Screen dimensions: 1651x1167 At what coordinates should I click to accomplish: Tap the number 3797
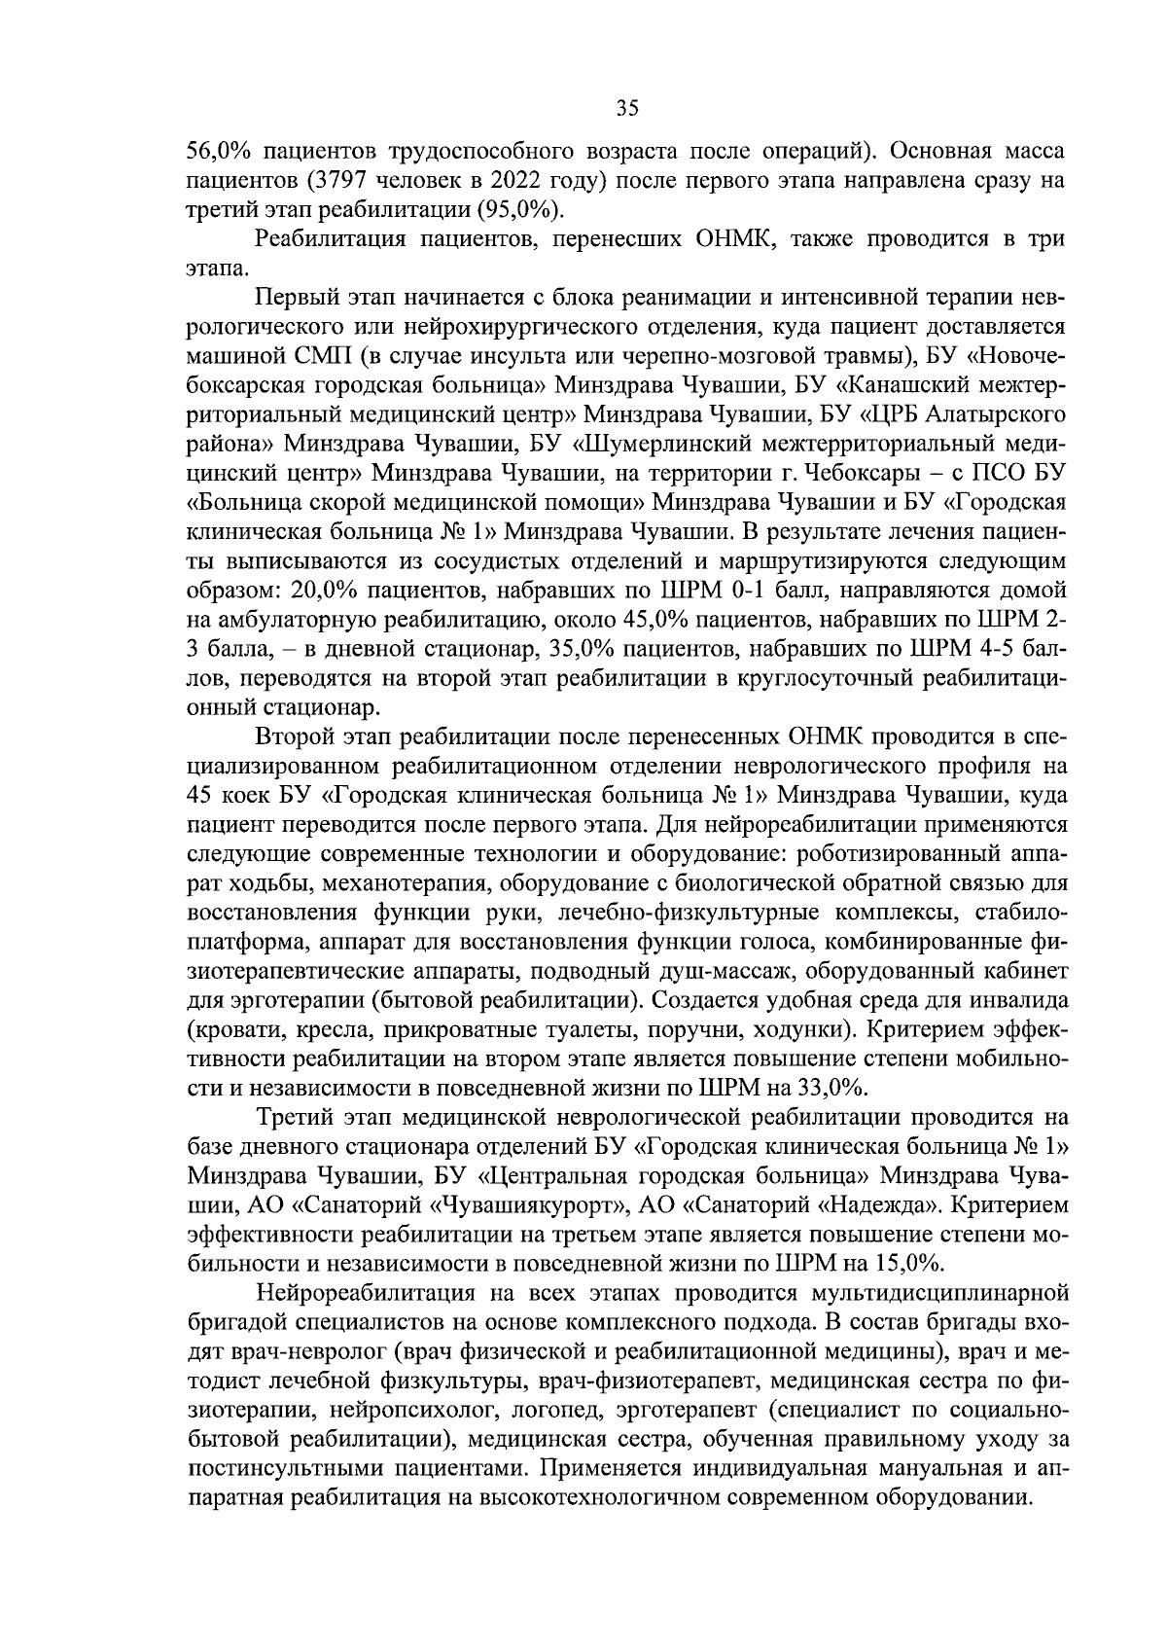[x=337, y=181]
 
